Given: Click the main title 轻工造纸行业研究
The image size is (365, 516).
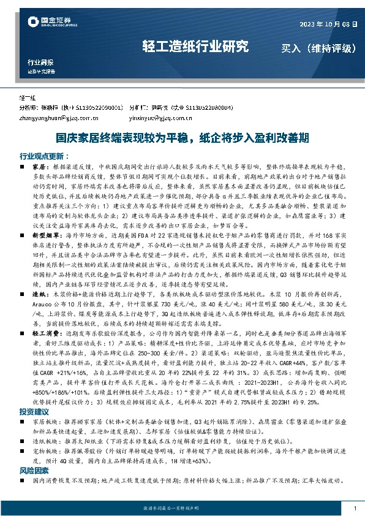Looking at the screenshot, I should point(195,46).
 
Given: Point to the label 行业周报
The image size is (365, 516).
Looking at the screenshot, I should point(40,63).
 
